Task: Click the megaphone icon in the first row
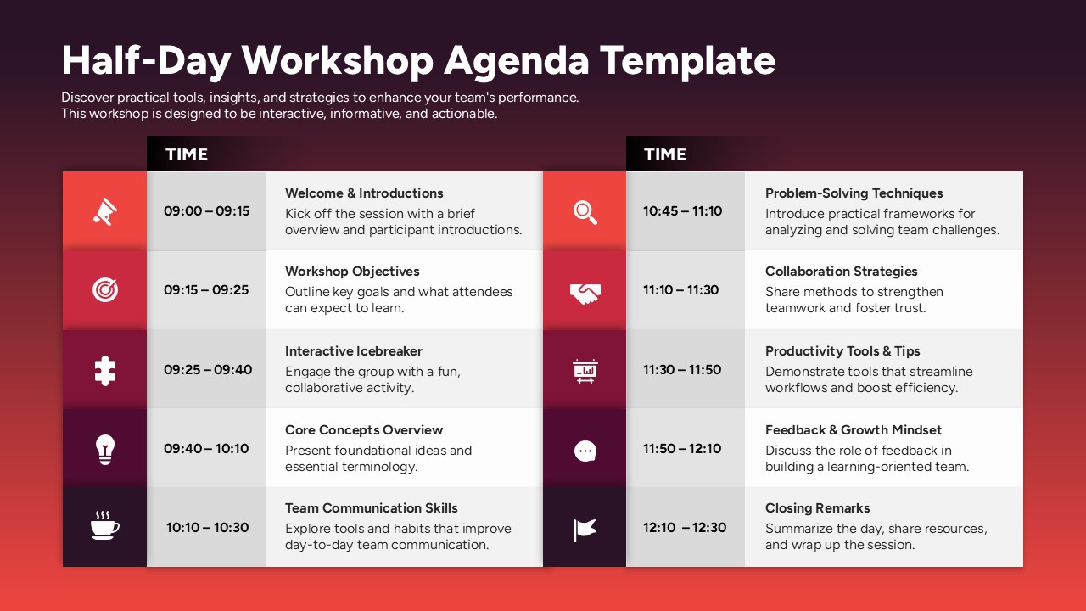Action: [x=105, y=210]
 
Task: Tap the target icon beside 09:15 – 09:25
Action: [x=105, y=289]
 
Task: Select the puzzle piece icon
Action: [x=105, y=369]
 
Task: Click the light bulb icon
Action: [x=105, y=448]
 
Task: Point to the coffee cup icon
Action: [x=105, y=527]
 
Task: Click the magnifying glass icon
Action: [x=585, y=211]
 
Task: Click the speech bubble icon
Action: [x=585, y=451]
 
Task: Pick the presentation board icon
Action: [x=585, y=371]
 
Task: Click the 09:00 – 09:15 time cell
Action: [x=206, y=210]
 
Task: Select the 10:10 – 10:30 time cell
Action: [x=207, y=527]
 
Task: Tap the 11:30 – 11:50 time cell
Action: [x=681, y=369]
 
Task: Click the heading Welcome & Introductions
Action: [x=364, y=193]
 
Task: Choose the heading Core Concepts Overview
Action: [x=364, y=430]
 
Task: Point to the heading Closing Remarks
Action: [x=817, y=508]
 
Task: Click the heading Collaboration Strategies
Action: [x=841, y=272]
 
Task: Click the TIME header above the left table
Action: [x=187, y=154]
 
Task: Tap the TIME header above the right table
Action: [x=665, y=154]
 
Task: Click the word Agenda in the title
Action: [x=517, y=61]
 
